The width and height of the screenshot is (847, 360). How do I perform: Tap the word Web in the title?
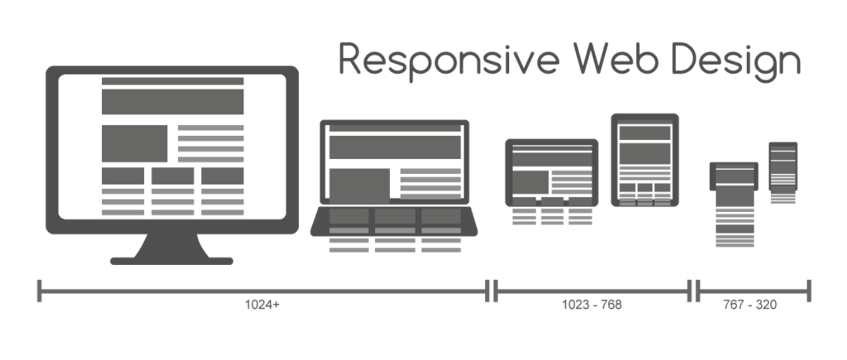pos(615,60)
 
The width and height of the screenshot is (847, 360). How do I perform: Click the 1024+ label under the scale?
pos(262,305)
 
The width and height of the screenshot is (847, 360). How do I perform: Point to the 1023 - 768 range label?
pos(591,305)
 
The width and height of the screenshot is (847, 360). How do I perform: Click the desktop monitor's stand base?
pos(171,261)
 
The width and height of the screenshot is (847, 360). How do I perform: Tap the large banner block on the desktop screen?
pos(172,101)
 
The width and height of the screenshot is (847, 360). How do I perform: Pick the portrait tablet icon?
pos(645,160)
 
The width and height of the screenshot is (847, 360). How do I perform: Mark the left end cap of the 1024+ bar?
pos(39,291)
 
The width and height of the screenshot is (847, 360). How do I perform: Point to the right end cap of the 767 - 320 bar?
pos(809,291)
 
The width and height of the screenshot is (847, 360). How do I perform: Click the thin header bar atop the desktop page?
pos(172,81)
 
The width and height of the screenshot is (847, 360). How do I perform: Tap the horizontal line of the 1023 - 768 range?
pos(591,291)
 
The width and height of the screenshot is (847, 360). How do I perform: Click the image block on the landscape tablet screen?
pos(530,183)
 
